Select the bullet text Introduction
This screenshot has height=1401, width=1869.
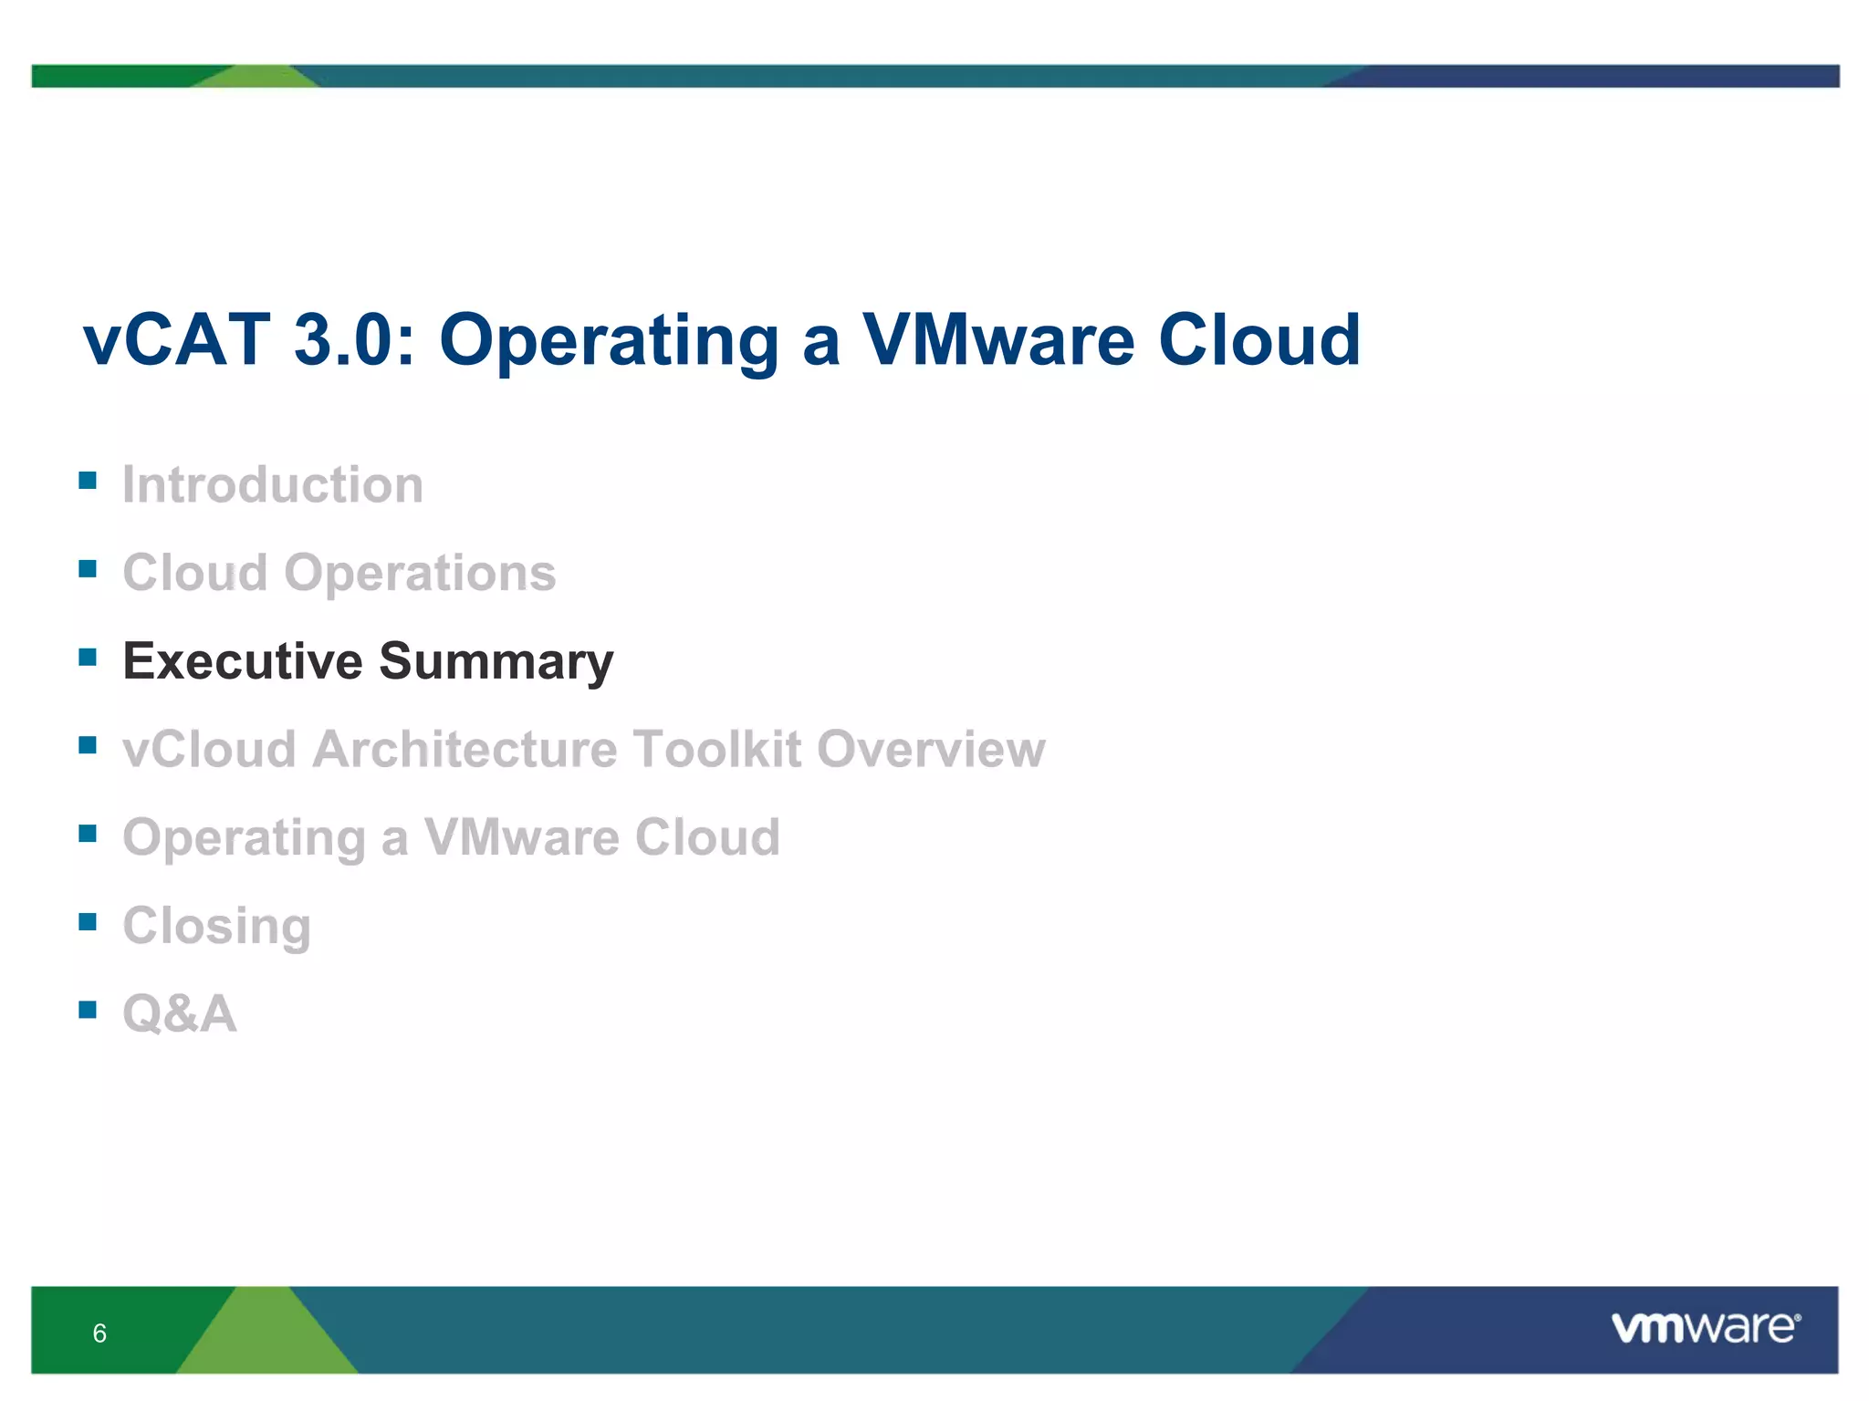point(273,484)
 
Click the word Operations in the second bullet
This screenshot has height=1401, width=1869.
point(420,573)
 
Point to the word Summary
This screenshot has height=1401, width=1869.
point(496,662)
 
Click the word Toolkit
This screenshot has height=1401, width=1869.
point(717,749)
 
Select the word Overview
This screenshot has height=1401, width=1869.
point(931,749)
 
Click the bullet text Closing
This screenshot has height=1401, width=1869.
point(217,927)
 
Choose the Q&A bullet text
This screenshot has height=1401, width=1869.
point(180,1013)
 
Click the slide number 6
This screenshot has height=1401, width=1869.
point(99,1334)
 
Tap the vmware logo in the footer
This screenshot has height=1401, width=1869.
point(1705,1327)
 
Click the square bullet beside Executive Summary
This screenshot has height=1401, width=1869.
point(88,657)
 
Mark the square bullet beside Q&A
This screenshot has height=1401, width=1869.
point(88,1009)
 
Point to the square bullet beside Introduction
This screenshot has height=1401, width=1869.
point(88,481)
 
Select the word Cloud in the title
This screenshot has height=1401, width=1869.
point(1259,339)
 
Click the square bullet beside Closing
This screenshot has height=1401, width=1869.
point(88,921)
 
